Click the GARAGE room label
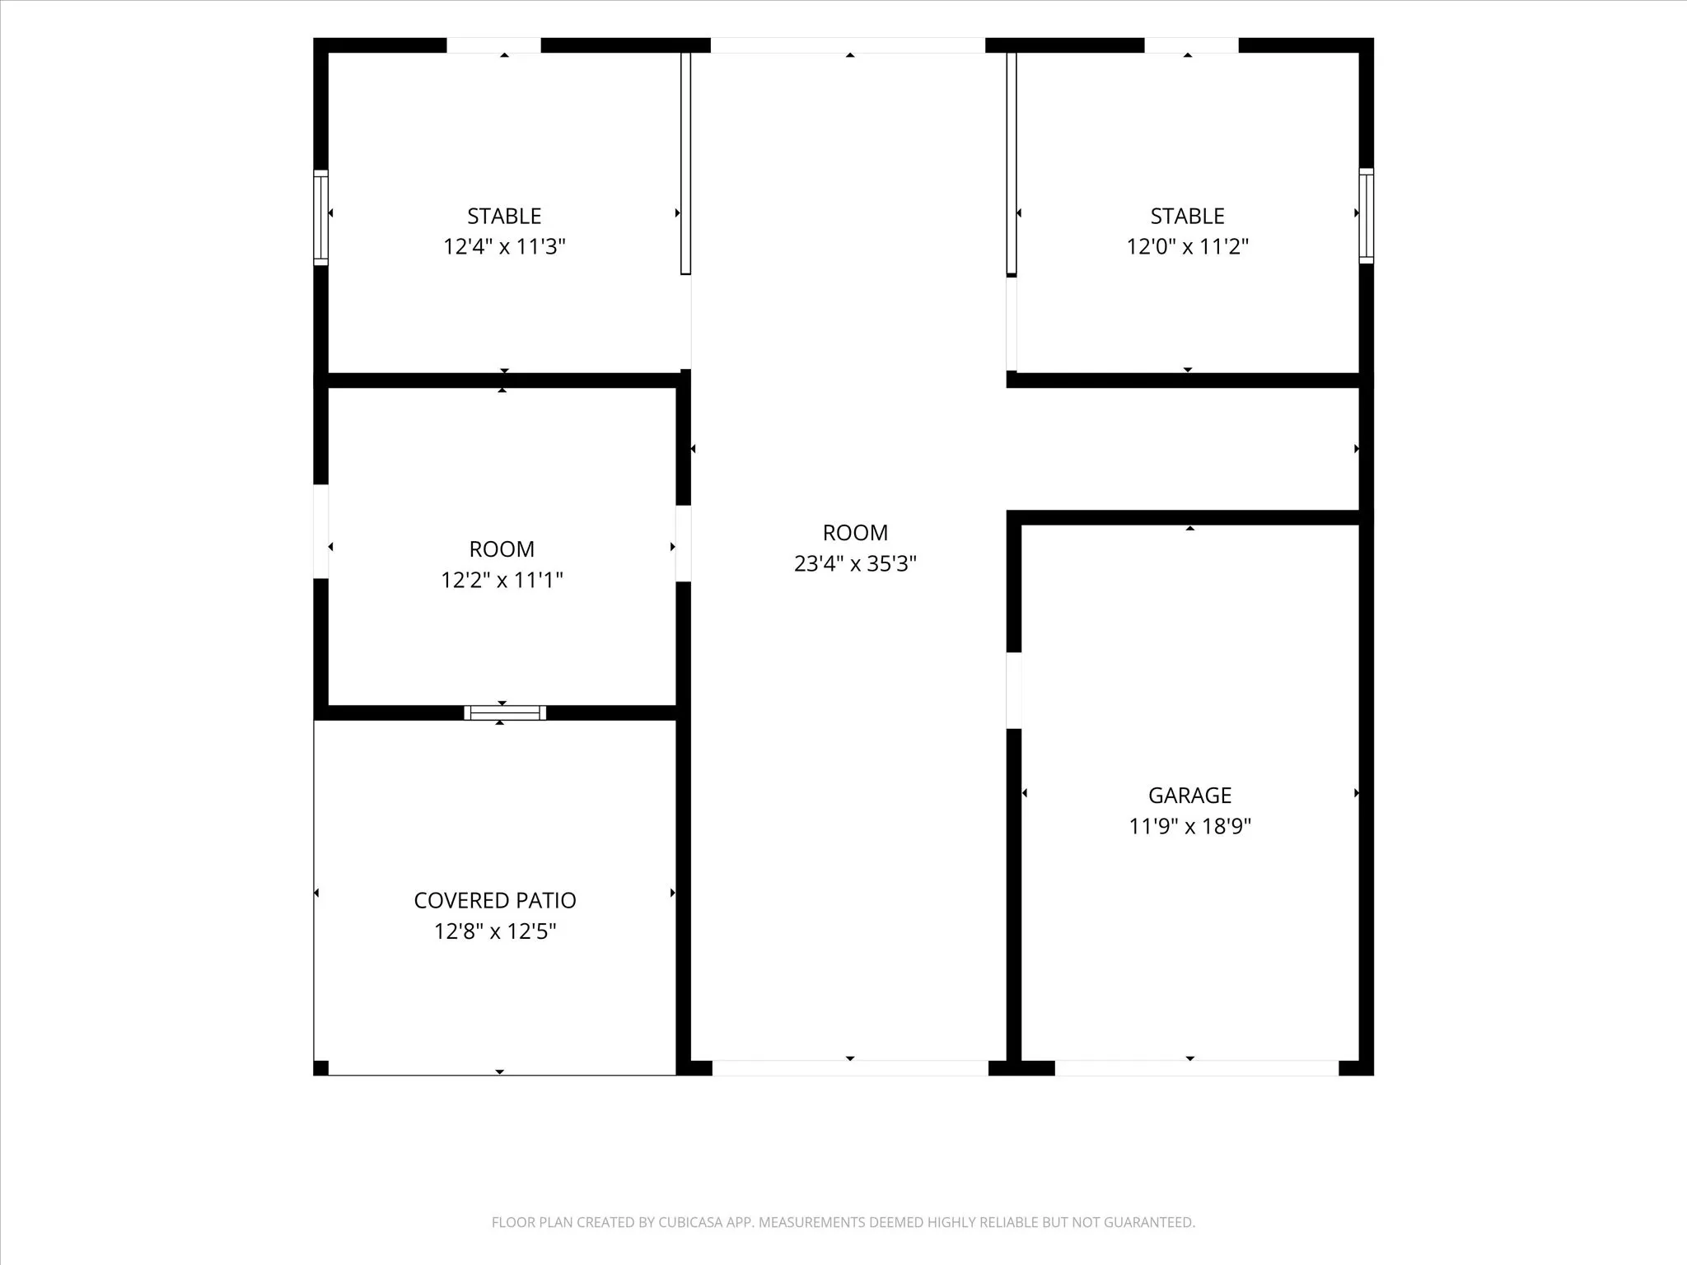click(1189, 795)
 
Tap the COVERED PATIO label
click(495, 900)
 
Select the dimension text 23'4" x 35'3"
click(855, 563)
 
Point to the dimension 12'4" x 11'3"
click(504, 246)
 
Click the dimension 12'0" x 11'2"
click(1188, 246)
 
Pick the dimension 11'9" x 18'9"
click(1189, 826)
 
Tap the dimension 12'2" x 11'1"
click(502, 580)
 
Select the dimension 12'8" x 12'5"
click(495, 931)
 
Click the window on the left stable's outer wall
click(321, 217)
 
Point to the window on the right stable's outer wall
click(1367, 216)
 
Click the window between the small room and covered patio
click(505, 713)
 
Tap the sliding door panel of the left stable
click(685, 163)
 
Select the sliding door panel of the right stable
click(1012, 163)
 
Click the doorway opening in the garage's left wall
click(1014, 690)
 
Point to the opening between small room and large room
click(683, 544)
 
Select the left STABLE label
click(504, 216)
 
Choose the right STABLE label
click(1188, 216)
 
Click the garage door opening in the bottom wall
click(1197, 1068)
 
